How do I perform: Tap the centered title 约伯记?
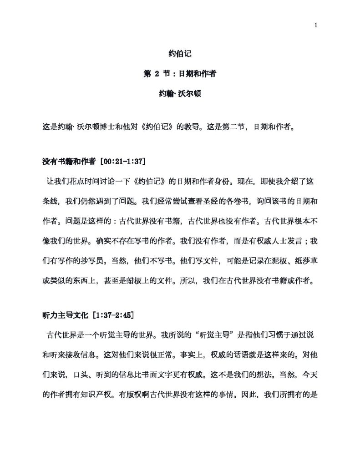[x=180, y=54]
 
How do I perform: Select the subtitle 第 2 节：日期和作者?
[x=180, y=74]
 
